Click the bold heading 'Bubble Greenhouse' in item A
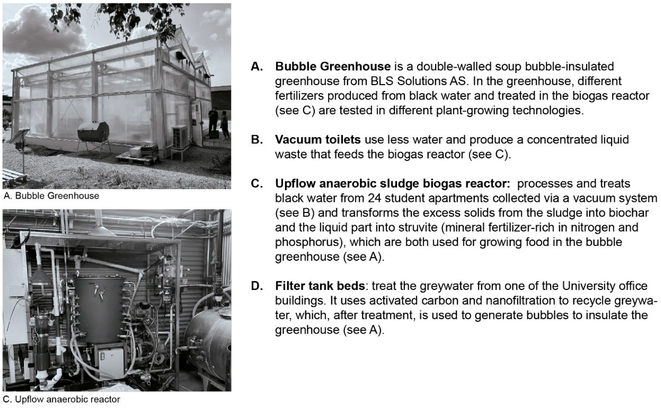tap(332, 66)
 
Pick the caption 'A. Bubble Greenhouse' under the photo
tap(51, 196)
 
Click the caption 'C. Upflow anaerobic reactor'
tap(62, 399)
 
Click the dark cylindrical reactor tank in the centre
tap(99, 310)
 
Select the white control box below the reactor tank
tap(111, 363)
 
